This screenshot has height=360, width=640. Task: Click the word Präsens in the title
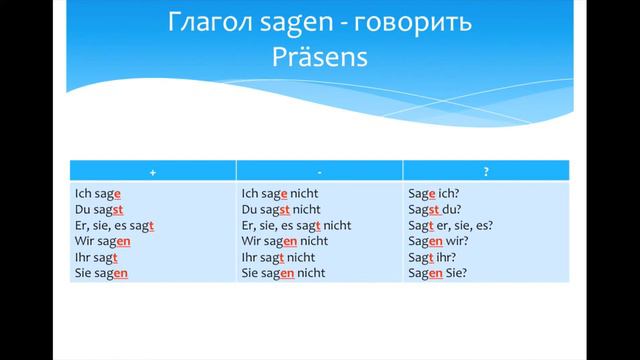pos(320,58)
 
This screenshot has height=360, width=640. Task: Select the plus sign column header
pos(152,172)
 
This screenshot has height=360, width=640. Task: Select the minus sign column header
pos(319,172)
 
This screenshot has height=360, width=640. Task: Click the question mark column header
pos(486,172)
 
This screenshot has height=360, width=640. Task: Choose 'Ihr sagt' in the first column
pos(97,257)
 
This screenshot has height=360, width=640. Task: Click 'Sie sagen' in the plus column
pos(102,272)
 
